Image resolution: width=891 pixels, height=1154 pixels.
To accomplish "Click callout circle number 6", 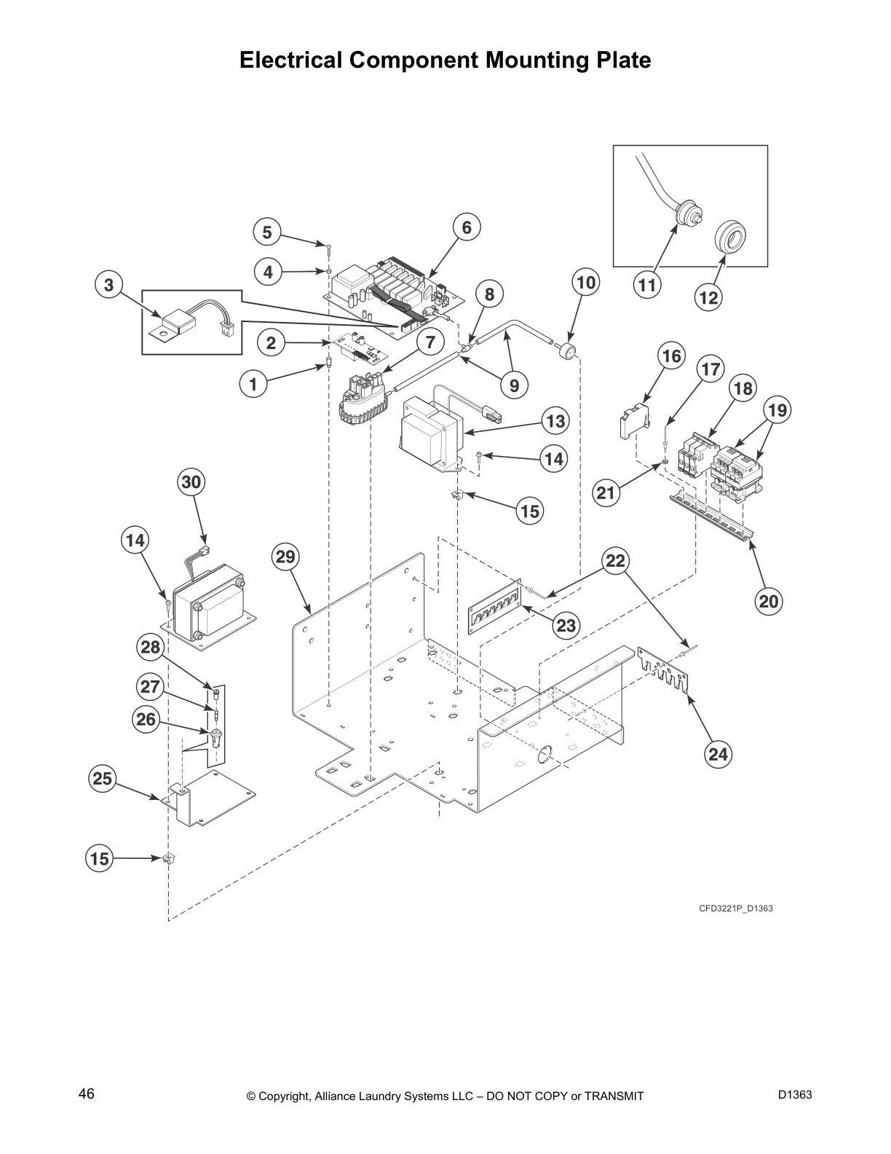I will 467,227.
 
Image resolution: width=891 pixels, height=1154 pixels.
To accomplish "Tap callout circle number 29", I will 285,557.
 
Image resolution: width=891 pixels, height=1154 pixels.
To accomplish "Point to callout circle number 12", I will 708,297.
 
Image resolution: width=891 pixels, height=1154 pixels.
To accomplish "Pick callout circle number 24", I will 718,754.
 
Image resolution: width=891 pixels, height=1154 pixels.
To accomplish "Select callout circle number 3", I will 108,285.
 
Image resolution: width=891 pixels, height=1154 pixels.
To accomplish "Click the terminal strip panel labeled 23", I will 495,605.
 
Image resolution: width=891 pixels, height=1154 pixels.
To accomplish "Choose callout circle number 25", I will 103,779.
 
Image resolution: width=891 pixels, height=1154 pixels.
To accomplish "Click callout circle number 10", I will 586,282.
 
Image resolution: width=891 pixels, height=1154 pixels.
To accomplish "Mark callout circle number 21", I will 606,493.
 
